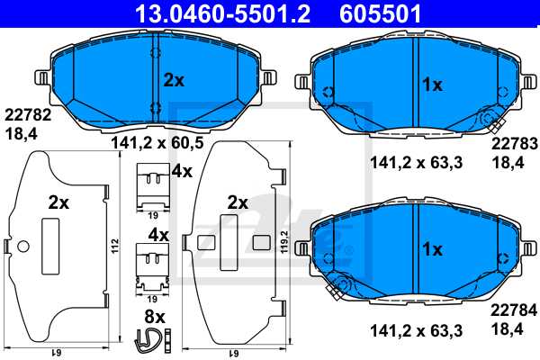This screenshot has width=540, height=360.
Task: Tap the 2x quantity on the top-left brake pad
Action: point(174,80)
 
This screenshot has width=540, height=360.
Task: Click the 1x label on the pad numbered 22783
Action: point(433,85)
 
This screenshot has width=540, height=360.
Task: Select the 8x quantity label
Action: point(154,317)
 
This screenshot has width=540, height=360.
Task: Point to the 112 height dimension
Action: point(115,246)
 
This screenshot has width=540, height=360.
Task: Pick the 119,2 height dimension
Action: point(286,246)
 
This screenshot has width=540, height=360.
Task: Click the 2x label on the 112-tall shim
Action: point(58,204)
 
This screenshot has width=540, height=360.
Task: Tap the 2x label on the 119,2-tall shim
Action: point(238,202)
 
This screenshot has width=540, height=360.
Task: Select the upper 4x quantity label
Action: point(183,170)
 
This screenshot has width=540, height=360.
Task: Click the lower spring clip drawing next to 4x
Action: point(150,264)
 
